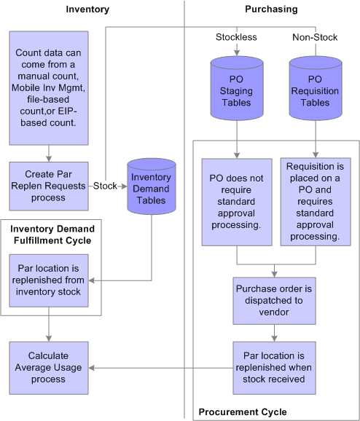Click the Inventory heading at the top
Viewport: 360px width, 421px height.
[87, 9]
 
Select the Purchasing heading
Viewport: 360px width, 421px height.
[272, 9]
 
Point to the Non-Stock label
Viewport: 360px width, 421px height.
[316, 37]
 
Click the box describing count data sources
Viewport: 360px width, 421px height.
[49, 86]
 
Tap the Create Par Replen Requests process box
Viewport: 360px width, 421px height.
[49, 186]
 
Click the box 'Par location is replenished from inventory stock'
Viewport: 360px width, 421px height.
[49, 278]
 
